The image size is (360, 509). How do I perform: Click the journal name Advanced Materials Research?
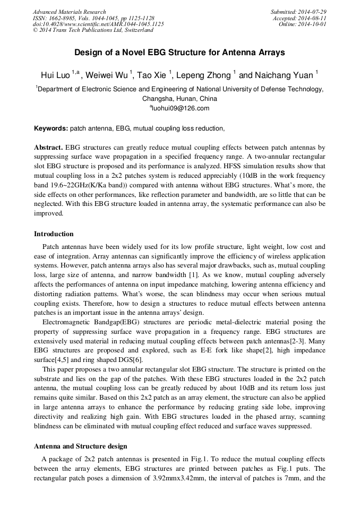[69, 12]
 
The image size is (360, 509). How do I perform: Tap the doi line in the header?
[98, 24]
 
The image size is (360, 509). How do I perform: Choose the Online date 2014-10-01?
[313, 24]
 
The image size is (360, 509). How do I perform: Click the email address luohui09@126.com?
[181, 108]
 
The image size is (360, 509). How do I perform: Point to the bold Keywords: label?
[51, 128]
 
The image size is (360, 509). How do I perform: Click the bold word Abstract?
[48, 146]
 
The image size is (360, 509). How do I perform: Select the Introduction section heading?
[54, 234]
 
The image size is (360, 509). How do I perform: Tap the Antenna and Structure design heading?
[80, 446]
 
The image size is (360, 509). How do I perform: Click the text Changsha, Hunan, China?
[179, 99]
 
